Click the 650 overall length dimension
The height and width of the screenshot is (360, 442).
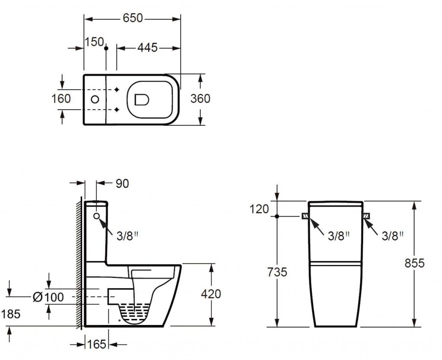pos(133,18)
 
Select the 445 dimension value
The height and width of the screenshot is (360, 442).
pos(148,47)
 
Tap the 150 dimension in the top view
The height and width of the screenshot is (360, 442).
pos(95,42)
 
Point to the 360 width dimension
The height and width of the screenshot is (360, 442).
pos(200,99)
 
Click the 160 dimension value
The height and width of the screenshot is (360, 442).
pos(61,99)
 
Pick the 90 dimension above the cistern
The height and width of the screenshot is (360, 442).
pos(122,183)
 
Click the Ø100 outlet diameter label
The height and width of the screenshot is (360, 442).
pos(48,297)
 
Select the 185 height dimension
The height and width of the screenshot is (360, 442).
pos(11,314)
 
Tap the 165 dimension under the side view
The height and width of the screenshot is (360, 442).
pos(96,344)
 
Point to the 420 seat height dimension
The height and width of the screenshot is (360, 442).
pos(211,294)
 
